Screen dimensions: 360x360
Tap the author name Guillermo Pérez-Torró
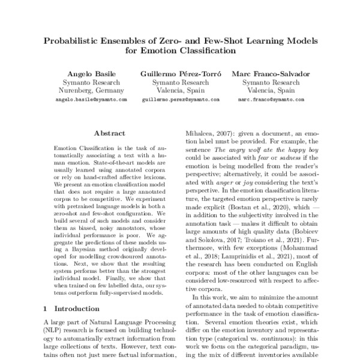(179, 73)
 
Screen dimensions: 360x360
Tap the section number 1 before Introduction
(46, 308)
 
